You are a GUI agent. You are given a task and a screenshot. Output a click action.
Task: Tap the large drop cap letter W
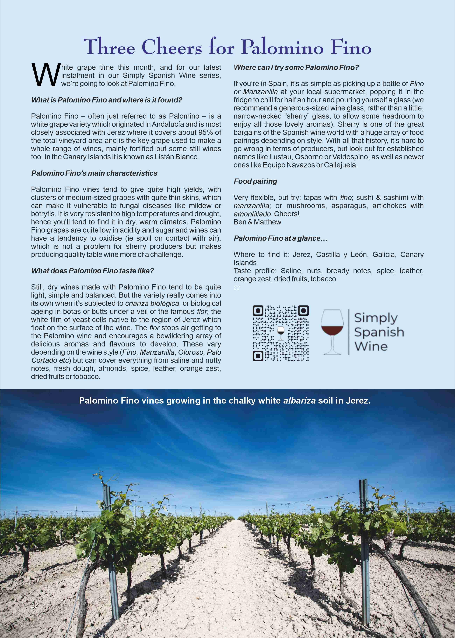point(45,75)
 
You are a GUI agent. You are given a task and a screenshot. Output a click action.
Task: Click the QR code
point(281,333)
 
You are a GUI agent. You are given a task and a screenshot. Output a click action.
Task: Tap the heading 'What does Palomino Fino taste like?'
point(92,271)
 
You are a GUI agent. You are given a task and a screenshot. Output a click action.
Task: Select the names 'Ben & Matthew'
point(257,222)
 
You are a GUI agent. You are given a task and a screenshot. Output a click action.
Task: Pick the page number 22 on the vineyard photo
point(35,605)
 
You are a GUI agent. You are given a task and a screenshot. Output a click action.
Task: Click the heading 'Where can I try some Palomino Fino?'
point(296,67)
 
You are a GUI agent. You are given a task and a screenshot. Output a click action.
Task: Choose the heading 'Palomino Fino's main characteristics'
point(94,173)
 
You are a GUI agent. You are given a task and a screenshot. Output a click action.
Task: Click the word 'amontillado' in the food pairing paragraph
point(252,214)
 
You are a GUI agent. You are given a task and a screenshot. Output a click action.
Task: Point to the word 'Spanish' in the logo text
point(379,332)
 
